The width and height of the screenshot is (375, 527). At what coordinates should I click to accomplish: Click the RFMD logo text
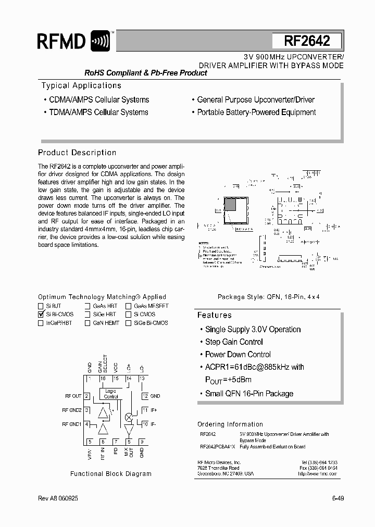[61, 41]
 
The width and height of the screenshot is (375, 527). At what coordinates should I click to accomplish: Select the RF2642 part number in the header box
[307, 41]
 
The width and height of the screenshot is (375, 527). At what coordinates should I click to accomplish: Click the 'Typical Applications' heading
[81, 86]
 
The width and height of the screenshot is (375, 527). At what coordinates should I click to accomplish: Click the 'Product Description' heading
[77, 153]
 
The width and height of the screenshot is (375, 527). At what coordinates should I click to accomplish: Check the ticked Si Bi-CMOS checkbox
[41, 315]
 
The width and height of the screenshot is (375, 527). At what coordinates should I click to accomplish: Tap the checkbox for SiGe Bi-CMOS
[128, 323]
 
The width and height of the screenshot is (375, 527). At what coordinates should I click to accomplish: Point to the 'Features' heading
[214, 316]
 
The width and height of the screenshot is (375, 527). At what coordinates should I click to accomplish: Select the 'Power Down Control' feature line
[235, 355]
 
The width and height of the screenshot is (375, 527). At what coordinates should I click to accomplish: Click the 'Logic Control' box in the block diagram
[111, 393]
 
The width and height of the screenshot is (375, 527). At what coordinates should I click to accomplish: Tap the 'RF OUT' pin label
[73, 396]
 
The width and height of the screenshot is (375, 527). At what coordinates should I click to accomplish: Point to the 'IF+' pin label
[154, 410]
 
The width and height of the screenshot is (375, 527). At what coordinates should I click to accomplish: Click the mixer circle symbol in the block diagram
[128, 417]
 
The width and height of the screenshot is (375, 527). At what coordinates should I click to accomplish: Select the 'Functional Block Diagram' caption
[111, 474]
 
